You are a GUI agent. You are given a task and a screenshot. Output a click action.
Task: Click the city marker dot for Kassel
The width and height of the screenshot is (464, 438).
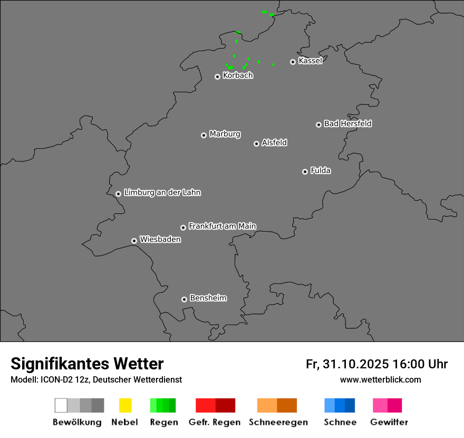click(x=293, y=62)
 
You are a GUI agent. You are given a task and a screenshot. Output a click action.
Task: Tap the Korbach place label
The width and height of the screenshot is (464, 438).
click(x=238, y=75)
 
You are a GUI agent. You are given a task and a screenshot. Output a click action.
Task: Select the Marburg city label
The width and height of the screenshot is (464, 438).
click(x=225, y=134)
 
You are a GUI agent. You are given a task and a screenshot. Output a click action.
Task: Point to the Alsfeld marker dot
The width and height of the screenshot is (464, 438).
click(x=256, y=144)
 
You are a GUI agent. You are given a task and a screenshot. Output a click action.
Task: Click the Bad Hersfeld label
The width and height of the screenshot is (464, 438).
click(x=347, y=123)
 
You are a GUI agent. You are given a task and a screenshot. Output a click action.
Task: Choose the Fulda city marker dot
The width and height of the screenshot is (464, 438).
click(x=305, y=172)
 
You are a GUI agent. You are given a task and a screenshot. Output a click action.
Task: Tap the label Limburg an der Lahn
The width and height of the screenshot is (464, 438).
click(x=162, y=193)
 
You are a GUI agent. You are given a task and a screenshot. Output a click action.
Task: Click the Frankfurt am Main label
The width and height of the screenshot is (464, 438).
click(x=222, y=226)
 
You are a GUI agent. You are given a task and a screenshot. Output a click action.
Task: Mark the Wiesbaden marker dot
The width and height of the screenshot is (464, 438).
click(x=134, y=241)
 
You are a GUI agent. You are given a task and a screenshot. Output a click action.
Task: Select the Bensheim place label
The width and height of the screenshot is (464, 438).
click(x=208, y=298)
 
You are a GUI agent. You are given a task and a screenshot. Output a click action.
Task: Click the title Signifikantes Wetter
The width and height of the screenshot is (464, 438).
click(x=87, y=364)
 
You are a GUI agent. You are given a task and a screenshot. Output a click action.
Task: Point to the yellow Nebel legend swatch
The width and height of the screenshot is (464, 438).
click(x=125, y=405)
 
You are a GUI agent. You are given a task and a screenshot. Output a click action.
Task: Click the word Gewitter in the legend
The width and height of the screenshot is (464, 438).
click(x=389, y=422)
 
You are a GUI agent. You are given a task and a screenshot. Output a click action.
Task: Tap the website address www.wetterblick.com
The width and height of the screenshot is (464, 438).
click(x=380, y=380)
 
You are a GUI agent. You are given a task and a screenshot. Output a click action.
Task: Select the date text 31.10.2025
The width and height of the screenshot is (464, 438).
click(x=356, y=364)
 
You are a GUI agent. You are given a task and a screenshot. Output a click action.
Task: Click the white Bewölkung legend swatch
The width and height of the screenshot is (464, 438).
click(x=61, y=405)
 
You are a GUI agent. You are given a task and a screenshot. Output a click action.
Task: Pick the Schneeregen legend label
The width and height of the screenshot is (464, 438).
click(x=278, y=422)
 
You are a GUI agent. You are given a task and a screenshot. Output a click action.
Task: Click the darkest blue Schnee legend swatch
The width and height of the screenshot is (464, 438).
click(x=350, y=405)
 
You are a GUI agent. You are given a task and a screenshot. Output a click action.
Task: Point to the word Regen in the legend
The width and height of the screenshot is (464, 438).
click(x=163, y=422)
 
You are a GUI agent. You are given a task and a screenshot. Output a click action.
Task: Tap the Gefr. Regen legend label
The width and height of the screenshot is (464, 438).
click(x=214, y=422)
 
